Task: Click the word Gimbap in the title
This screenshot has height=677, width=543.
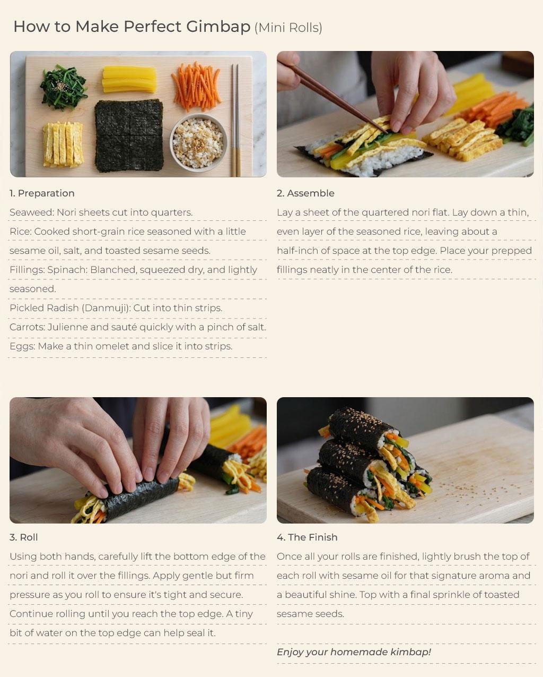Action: (218, 27)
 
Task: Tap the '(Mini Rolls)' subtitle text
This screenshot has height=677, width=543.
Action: (288, 28)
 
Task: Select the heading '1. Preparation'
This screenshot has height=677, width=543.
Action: (42, 193)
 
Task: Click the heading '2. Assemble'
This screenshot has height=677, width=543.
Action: (305, 193)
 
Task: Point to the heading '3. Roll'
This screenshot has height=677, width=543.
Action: (23, 537)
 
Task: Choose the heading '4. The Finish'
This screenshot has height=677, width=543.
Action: (307, 537)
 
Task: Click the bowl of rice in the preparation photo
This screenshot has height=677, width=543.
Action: (198, 142)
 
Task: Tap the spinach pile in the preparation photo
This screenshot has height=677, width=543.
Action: (64, 87)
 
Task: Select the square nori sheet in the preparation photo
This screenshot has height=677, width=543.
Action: (129, 136)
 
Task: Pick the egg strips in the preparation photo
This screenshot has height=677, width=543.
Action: (63, 144)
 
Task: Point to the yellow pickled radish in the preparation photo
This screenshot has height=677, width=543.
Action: (129, 80)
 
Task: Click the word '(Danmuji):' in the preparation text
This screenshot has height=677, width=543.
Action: (106, 308)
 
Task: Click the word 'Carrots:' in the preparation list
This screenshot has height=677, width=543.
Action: (28, 327)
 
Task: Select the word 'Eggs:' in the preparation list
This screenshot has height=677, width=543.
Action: (22, 346)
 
